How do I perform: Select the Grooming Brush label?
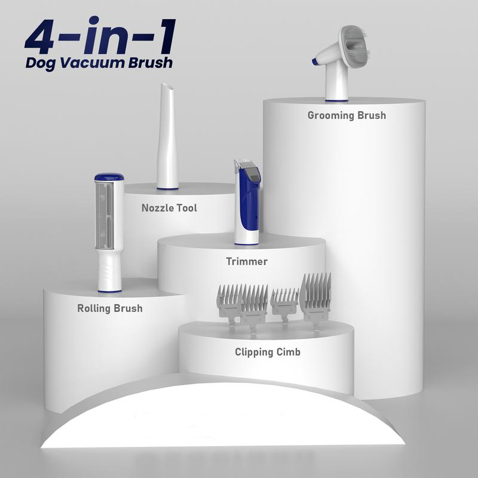[x=347, y=115]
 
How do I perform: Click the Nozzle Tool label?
[x=169, y=208]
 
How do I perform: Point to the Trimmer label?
[x=247, y=261]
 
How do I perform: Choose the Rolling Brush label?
[x=110, y=308]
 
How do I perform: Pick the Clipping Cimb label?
[x=267, y=352]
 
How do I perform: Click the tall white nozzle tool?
[x=167, y=136]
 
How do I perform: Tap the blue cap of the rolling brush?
[x=109, y=177]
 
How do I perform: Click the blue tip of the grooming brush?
[x=315, y=62]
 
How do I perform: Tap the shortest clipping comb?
[x=284, y=305]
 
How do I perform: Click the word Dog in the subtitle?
[x=41, y=63]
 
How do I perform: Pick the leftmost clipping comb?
[x=229, y=305]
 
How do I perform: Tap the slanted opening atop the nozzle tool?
[x=167, y=87]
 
